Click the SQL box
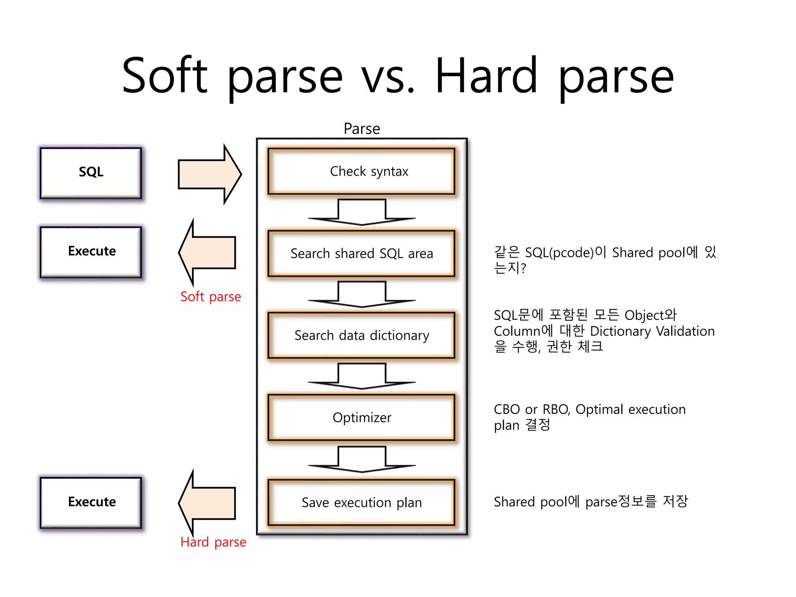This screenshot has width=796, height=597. point(91,173)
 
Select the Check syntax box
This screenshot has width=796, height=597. point(361,171)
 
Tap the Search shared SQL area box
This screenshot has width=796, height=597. point(361,253)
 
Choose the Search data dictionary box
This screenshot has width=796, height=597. point(361,335)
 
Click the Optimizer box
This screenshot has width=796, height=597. point(361,417)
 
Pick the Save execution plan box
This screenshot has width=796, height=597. point(361,503)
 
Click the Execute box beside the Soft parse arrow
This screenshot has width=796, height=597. point(91,252)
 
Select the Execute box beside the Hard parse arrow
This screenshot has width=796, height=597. point(91,502)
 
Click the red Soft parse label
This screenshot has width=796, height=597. point(211,297)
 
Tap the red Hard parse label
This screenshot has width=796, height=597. point(213,542)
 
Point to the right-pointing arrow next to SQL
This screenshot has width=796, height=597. point(209,175)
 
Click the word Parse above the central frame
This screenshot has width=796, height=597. point(362,129)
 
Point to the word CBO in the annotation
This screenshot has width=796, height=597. point(507,410)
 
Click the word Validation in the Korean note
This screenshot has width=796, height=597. point(685,331)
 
